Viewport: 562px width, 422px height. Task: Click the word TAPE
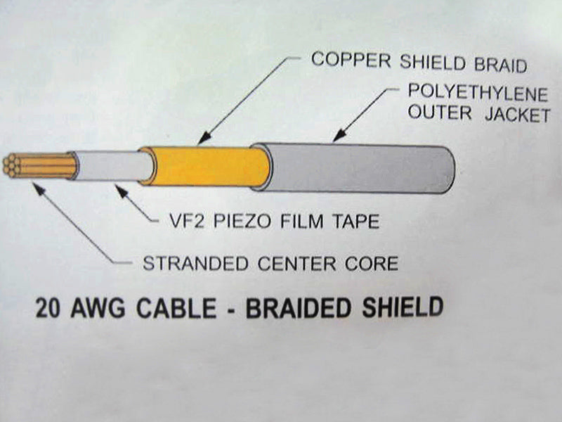[355, 222]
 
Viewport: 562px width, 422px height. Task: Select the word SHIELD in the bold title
[402, 308]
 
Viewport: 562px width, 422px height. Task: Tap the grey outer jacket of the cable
[358, 168]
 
